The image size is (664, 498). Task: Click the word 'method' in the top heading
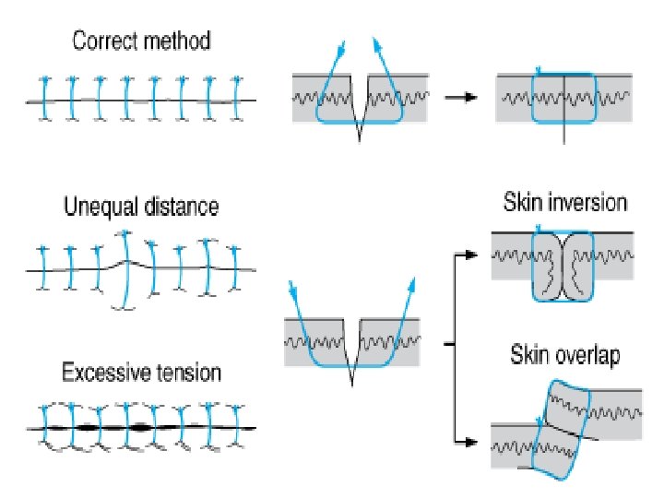178,41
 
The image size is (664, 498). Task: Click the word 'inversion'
587,203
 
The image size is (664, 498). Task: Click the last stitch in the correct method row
238,98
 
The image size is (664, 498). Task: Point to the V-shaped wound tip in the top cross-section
359,141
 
